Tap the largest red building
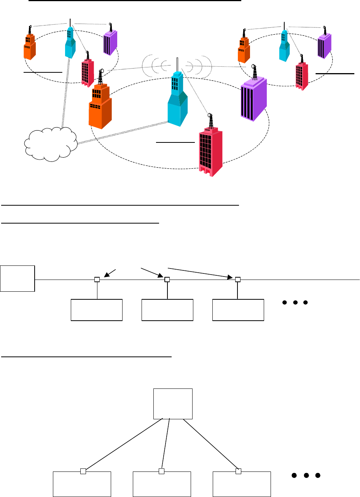[x=210, y=151]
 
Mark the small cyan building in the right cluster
[x=284, y=46]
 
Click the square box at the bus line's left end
[x=18, y=278]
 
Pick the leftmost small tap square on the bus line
[x=97, y=280]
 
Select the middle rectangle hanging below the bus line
[x=167, y=310]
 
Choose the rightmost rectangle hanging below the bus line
[x=238, y=310]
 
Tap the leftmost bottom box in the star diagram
[x=82, y=484]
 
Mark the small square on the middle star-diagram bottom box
[x=161, y=471]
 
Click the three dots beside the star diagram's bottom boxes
[x=306, y=476]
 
